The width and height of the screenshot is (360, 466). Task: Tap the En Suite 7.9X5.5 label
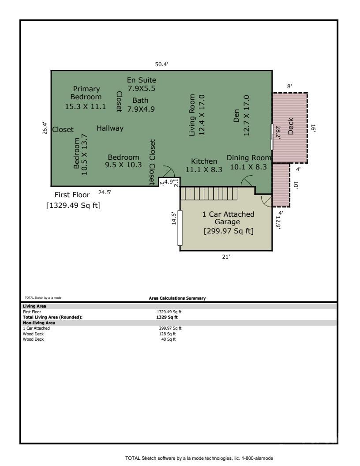pos(141,84)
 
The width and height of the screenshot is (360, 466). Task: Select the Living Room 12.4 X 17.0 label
pos(197,115)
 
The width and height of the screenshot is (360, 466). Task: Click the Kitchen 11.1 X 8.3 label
pos(204,165)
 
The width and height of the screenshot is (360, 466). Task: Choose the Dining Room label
pos(249,158)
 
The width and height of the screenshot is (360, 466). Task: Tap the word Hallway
pos(110,128)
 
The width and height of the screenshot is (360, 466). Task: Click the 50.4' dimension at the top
pos(161,64)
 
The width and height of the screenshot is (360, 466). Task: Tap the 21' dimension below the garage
pos(226,258)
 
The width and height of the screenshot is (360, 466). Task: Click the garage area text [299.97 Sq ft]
pos(228,230)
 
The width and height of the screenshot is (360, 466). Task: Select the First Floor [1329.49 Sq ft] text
pos(73,200)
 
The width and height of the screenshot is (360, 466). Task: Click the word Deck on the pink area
pos(291,128)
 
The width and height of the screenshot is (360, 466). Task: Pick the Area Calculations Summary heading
pos(177,298)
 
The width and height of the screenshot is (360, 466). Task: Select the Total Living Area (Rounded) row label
pos(52,317)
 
